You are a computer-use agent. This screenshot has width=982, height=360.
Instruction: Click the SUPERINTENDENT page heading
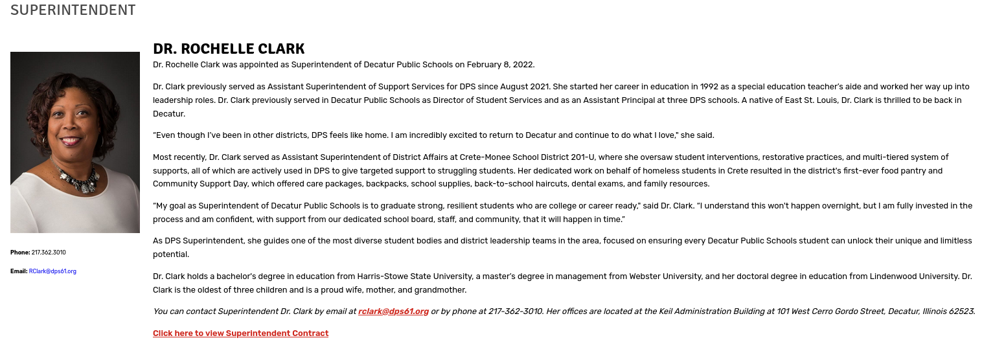click(73, 10)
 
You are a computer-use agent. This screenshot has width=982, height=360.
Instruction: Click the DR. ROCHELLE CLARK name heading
click(229, 49)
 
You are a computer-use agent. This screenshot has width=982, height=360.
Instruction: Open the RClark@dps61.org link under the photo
click(52, 271)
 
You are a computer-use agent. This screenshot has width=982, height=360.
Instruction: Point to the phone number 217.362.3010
click(49, 253)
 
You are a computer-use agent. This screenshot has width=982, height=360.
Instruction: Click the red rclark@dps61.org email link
click(393, 311)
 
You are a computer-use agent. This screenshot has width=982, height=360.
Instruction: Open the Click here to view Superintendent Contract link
click(240, 333)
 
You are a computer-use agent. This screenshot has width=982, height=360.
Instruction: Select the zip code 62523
click(961, 311)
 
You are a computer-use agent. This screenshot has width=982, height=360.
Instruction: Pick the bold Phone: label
click(20, 253)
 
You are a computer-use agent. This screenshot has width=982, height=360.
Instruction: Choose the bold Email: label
click(19, 271)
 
